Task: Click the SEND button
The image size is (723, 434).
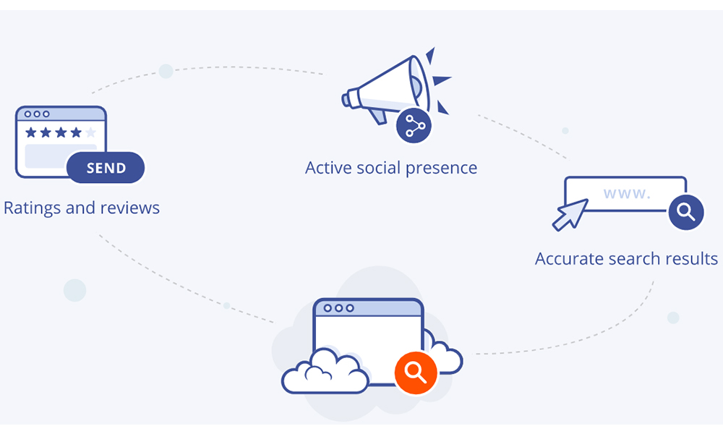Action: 106,168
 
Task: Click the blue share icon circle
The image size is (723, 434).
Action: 414,126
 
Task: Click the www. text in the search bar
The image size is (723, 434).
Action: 627,193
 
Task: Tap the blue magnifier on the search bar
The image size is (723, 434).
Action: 685,212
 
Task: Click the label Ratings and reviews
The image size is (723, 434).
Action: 82,208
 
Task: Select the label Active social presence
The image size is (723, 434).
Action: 391,168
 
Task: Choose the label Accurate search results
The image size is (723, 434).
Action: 626,258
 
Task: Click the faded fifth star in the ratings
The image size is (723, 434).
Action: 90,132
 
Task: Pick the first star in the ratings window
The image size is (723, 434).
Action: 30,132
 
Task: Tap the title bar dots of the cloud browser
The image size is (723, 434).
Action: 338,308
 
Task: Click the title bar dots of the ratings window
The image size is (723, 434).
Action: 37,114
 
